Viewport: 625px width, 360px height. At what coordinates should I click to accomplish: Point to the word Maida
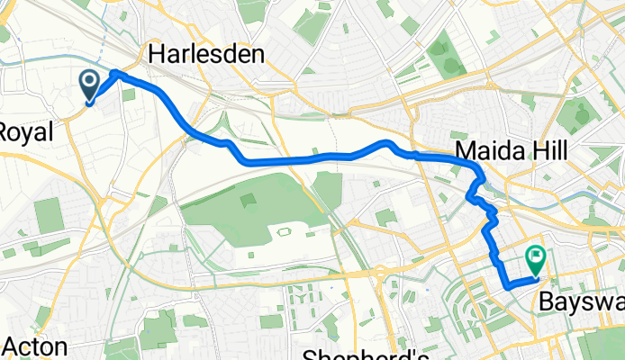(486, 149)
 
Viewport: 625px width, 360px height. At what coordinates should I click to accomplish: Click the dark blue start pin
(91, 85)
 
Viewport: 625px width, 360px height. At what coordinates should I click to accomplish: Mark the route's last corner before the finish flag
(510, 285)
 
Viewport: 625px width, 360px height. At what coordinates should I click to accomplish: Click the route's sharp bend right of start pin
(115, 72)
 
